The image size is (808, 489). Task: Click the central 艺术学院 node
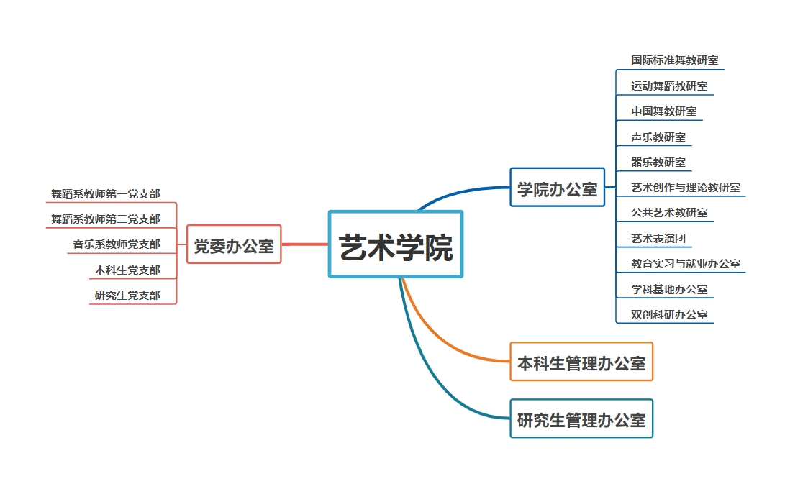click(396, 244)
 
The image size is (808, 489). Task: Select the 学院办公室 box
click(557, 188)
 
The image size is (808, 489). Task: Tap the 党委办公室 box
click(234, 244)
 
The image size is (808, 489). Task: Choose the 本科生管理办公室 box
click(581, 362)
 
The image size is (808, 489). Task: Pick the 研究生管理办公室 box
click(581, 419)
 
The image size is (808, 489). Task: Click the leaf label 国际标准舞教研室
click(674, 60)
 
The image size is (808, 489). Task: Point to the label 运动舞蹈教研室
click(669, 86)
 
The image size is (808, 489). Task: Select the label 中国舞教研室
click(663, 111)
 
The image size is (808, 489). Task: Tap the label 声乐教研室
click(658, 137)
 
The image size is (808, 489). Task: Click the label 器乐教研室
click(658, 163)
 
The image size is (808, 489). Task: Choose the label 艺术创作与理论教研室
click(685, 188)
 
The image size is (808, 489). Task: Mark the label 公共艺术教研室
click(669, 213)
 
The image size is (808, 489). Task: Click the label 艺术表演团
click(653, 239)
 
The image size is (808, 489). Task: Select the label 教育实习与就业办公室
click(685, 264)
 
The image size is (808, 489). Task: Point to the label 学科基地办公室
click(669, 290)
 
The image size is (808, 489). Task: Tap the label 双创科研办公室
click(669, 315)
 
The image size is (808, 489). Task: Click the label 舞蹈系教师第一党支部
click(105, 194)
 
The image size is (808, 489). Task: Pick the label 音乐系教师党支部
click(116, 244)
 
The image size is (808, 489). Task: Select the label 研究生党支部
click(127, 296)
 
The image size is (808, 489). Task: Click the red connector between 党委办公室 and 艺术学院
click(305, 244)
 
